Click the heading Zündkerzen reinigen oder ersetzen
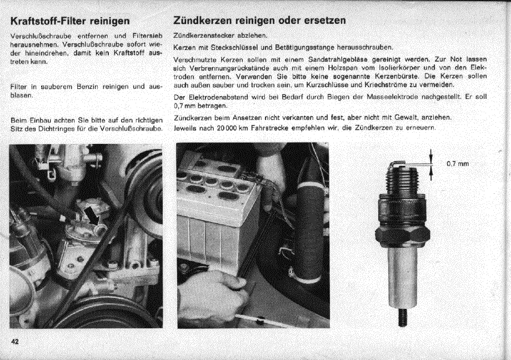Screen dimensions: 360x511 259,20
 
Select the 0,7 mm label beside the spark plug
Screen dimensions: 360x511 458,163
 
